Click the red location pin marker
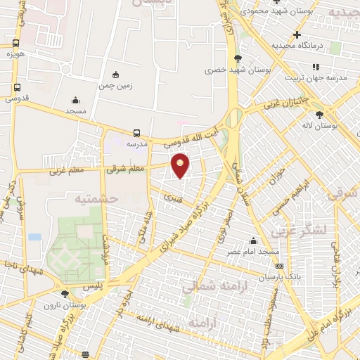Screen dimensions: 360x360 point(181,165)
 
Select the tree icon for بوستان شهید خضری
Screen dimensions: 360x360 point(237,58)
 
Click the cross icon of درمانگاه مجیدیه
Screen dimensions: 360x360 point(297,34)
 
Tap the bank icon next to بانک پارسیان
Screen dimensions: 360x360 point(280,266)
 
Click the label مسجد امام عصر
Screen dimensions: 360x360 point(258,251)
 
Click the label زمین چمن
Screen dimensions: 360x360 point(115,85)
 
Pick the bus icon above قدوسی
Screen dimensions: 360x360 point(16,88)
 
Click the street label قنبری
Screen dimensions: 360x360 point(171,199)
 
